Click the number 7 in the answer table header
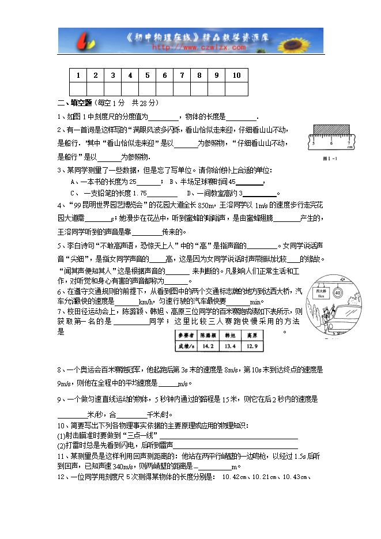pos(182,76)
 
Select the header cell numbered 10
pos(236,76)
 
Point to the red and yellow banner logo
pos(85,42)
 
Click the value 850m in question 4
pos(206,205)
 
